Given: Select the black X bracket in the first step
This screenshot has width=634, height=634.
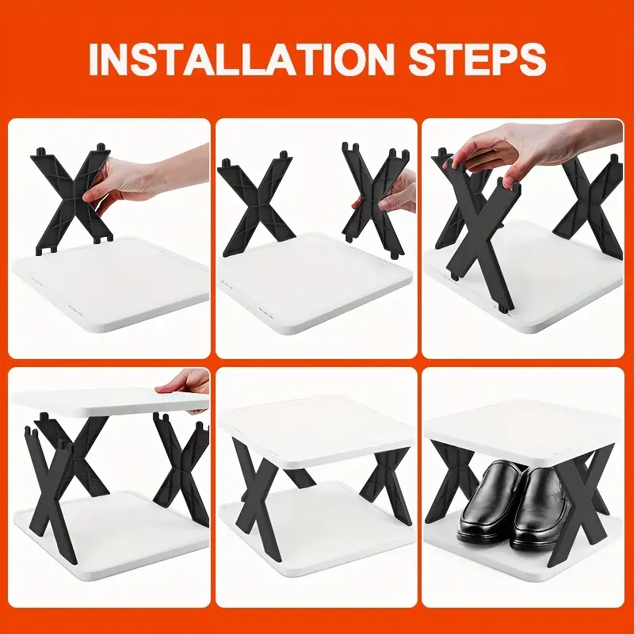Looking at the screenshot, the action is point(74,199).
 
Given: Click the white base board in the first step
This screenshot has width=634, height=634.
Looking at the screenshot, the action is point(111,283).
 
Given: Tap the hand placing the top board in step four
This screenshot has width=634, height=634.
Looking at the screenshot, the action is point(184,388).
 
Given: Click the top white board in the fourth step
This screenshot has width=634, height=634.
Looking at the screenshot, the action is point(109,403).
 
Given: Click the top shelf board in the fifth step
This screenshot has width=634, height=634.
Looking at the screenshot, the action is point(318,430).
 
